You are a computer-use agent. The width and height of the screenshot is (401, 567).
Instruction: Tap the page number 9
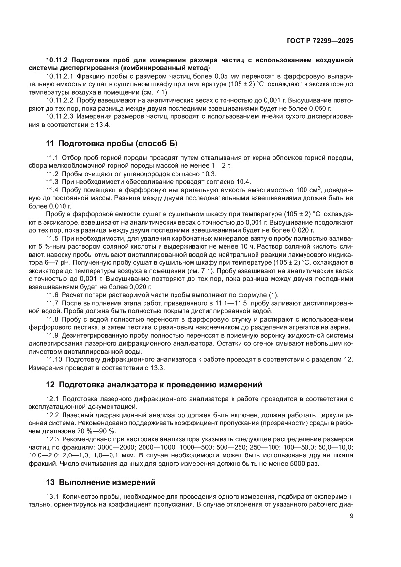(351, 516)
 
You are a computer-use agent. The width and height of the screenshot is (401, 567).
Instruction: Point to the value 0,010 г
(57, 205)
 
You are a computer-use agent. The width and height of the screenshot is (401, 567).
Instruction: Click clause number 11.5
(52, 238)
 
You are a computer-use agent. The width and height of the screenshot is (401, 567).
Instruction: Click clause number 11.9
(52, 335)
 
